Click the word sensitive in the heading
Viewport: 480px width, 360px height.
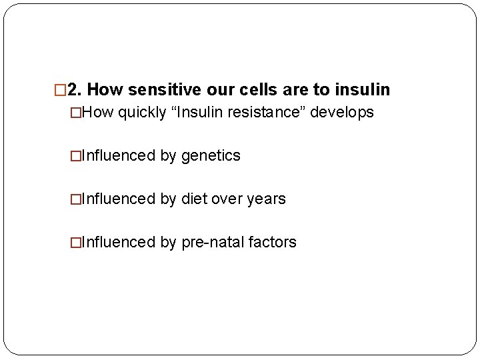[151, 89]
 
